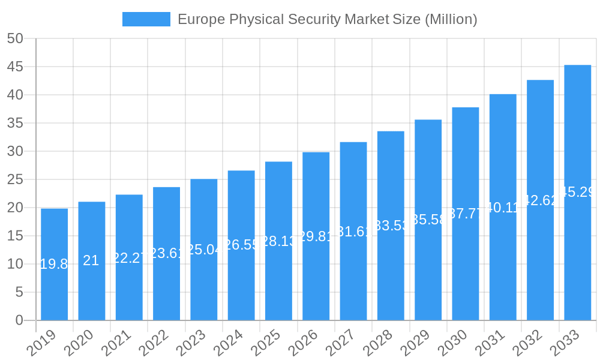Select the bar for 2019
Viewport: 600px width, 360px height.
click(54, 265)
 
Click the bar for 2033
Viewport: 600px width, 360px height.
click(577, 193)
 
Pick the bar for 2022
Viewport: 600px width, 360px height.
click(166, 253)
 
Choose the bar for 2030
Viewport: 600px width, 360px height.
click(465, 214)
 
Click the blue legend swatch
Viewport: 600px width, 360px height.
click(146, 19)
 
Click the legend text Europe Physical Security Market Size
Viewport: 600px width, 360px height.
click(327, 19)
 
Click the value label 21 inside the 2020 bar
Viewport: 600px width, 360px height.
click(91, 260)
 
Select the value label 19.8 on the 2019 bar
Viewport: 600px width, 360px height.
click(54, 264)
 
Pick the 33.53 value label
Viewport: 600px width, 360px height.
click(391, 226)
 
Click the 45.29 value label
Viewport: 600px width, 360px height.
click(577, 192)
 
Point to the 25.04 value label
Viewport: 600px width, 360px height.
click(204, 250)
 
